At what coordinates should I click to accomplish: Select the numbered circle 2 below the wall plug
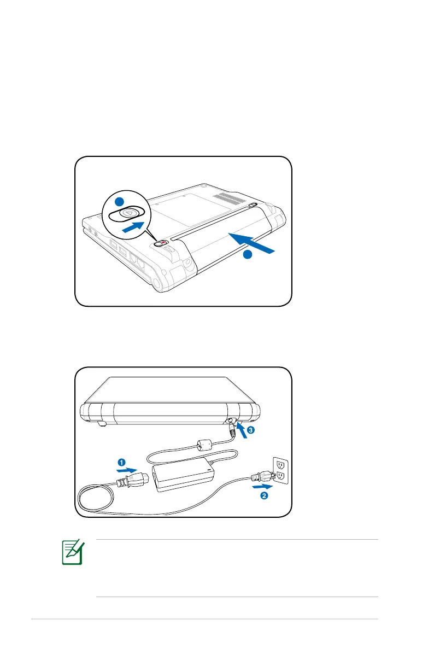[263, 495]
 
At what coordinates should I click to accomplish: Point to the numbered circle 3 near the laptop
[250, 430]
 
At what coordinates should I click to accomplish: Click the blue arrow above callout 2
[262, 484]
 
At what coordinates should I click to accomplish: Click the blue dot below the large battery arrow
[247, 255]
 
